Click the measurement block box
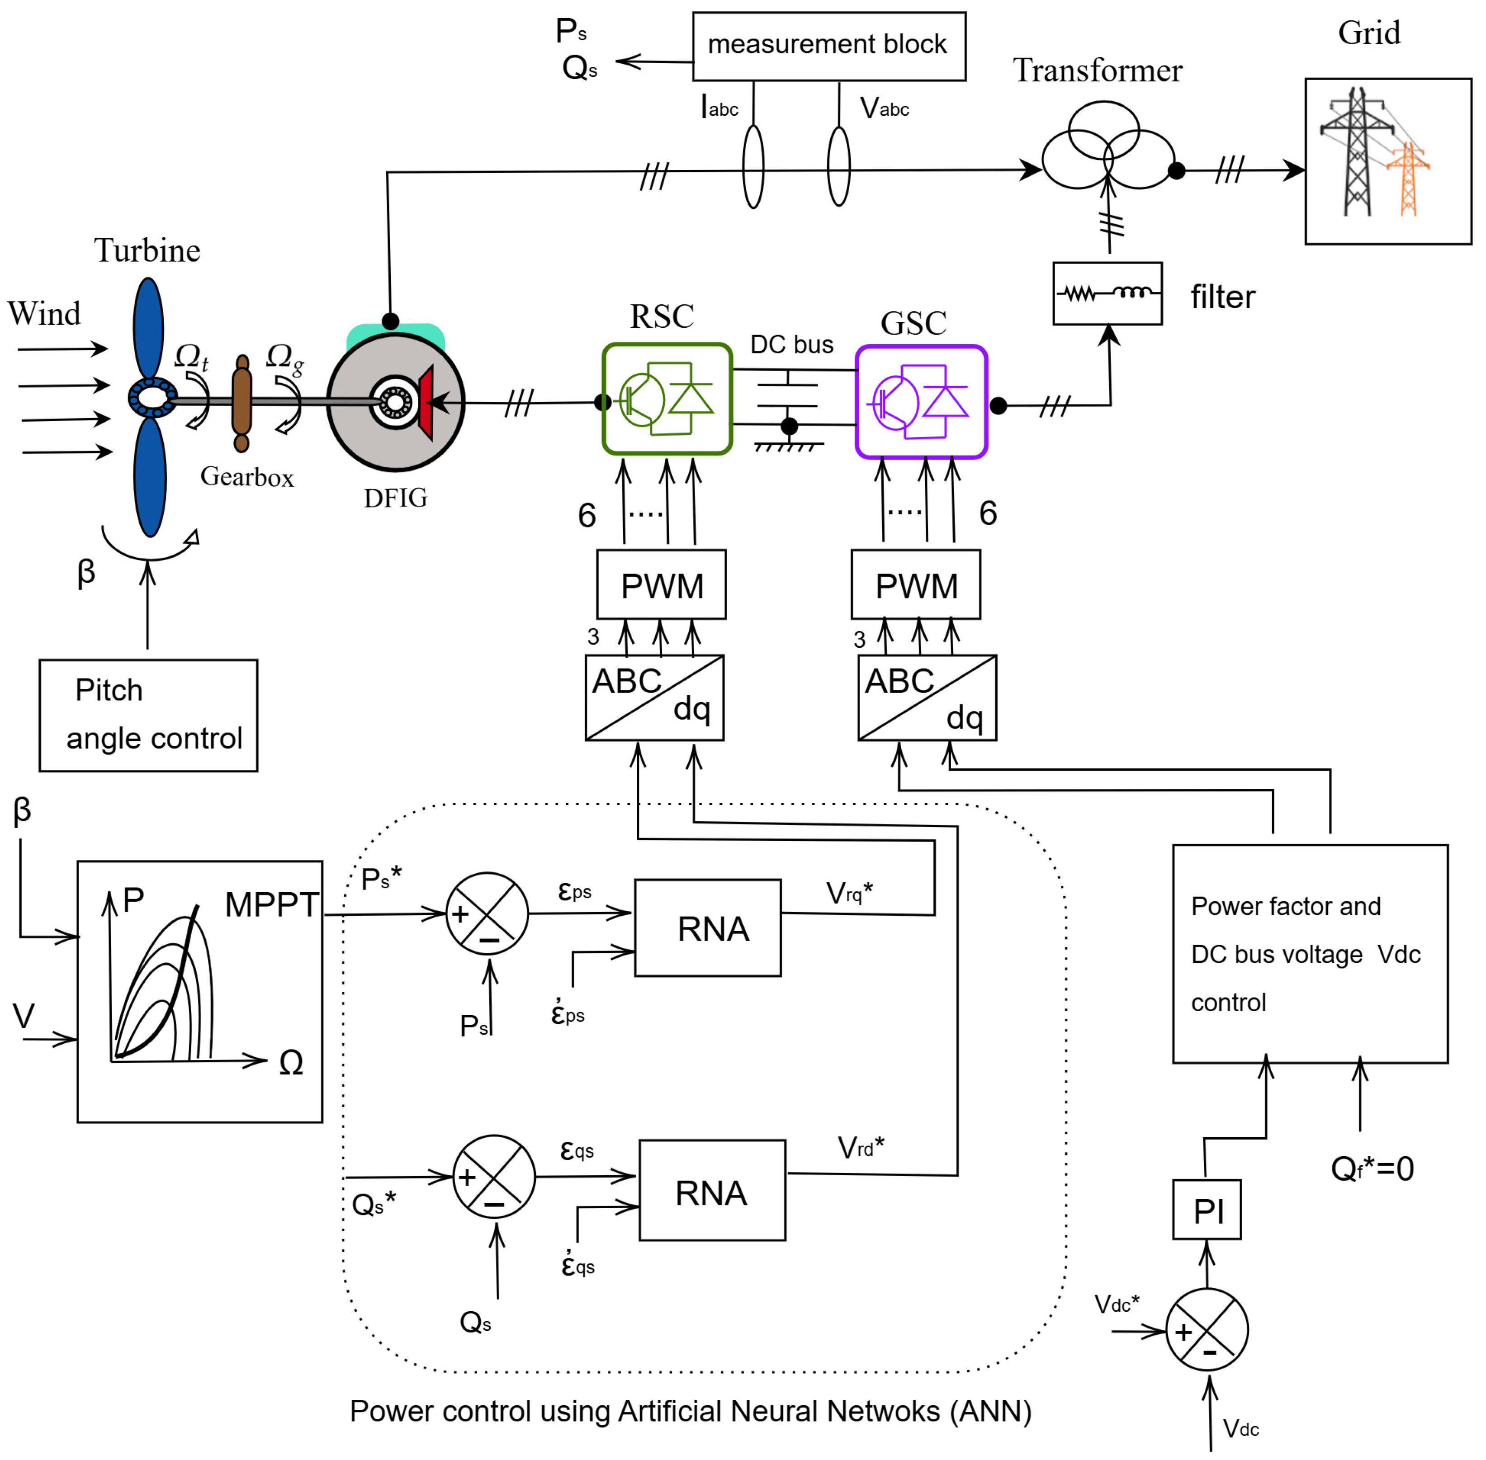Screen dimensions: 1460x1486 [x=828, y=46]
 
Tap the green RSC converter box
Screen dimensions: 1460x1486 [x=667, y=399]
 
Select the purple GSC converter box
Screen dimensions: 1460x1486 [x=921, y=402]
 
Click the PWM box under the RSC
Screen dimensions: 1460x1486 [x=661, y=585]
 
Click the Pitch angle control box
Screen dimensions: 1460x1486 [x=148, y=715]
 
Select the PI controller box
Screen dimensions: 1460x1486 [x=1206, y=1210]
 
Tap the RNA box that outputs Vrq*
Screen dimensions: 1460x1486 [x=707, y=928]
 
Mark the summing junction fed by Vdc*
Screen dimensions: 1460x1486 [x=1206, y=1330]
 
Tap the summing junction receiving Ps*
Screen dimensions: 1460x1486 [x=487, y=913]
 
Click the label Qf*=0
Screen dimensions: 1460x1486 [x=1372, y=1168]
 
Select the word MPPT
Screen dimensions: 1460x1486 [x=272, y=905]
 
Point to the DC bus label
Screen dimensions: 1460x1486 [x=792, y=344]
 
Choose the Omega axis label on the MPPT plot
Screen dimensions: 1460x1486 [x=291, y=1063]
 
